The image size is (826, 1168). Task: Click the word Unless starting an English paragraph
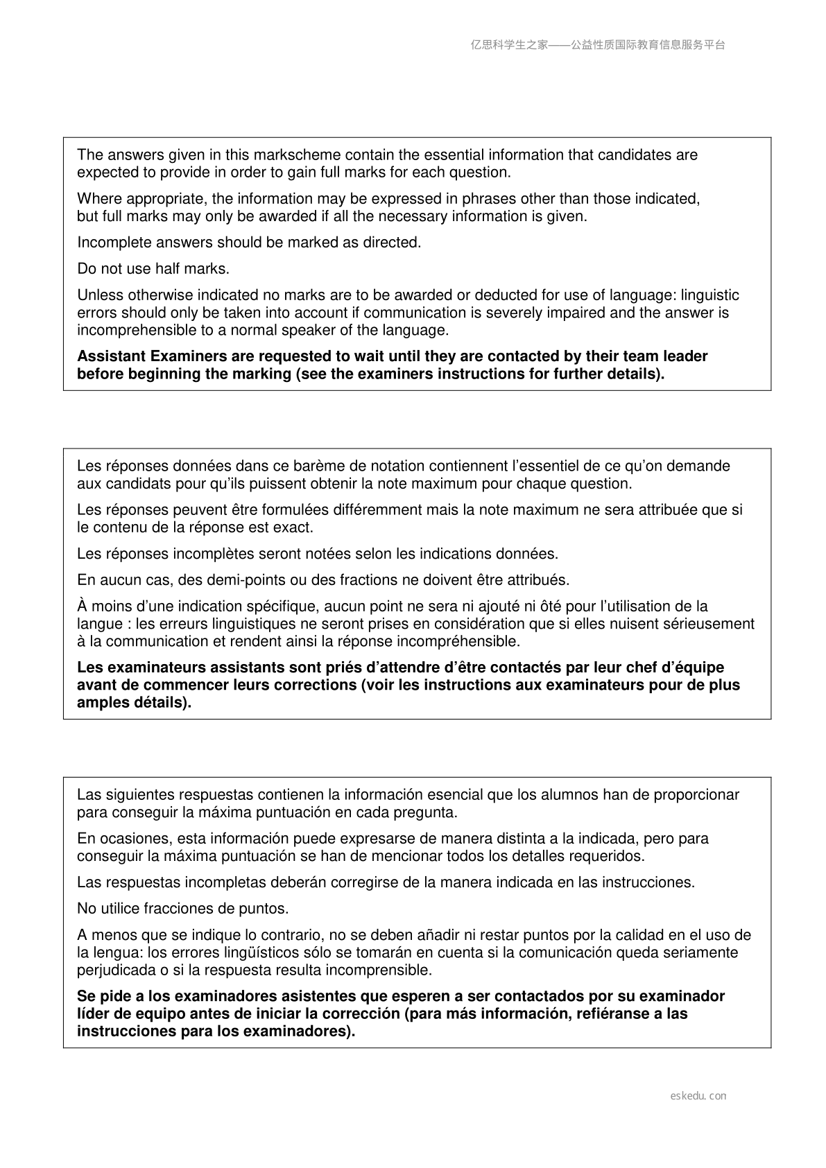click(100, 295)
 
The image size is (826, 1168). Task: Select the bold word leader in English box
click(685, 356)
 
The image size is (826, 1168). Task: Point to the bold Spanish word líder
click(95, 1013)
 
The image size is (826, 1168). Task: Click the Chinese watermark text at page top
click(598, 45)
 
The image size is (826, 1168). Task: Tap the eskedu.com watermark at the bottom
click(698, 1096)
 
